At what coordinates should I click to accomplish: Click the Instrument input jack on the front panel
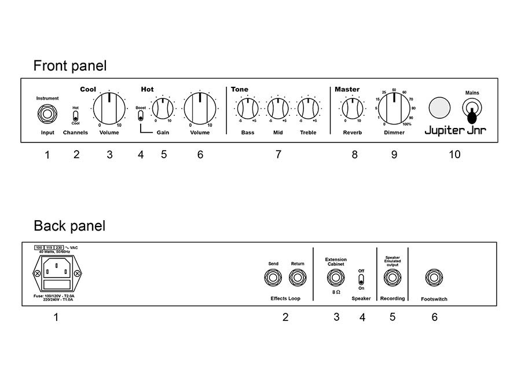(x=47, y=114)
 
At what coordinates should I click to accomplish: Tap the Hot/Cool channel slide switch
(x=75, y=116)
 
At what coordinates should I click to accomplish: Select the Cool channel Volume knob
(x=109, y=108)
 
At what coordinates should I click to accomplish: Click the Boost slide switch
(x=141, y=115)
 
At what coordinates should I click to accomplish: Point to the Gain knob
(x=163, y=109)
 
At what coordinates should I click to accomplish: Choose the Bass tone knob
(x=248, y=108)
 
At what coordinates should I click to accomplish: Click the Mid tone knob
(x=278, y=108)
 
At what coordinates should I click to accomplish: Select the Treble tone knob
(x=308, y=108)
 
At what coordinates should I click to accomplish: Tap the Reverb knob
(x=353, y=108)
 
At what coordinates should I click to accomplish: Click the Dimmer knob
(x=394, y=108)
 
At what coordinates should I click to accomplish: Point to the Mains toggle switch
(x=472, y=111)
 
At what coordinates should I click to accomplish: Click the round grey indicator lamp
(x=439, y=108)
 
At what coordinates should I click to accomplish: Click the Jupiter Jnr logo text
(x=455, y=130)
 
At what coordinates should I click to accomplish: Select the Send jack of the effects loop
(x=273, y=277)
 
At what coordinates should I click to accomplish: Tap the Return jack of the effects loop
(x=298, y=277)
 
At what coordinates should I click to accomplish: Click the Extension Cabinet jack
(x=336, y=277)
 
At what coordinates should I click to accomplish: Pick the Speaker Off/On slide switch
(x=361, y=279)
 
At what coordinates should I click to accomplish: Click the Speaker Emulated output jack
(x=392, y=277)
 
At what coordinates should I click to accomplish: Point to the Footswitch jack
(x=434, y=277)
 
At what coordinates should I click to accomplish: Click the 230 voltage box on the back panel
(x=59, y=248)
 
